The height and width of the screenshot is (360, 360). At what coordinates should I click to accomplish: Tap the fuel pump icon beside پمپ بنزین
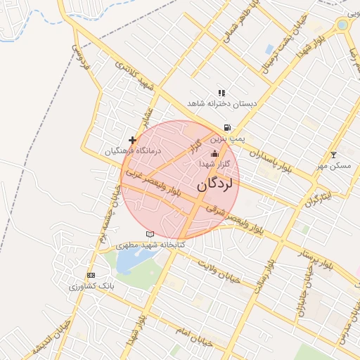(x=226, y=128)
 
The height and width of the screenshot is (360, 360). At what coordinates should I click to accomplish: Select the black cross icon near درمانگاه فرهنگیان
(x=133, y=141)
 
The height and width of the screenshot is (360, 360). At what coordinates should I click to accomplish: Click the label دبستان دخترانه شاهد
(x=222, y=103)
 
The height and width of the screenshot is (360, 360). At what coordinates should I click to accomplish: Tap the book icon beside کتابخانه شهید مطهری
(x=149, y=234)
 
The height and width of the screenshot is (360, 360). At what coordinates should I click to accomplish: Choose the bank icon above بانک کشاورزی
(x=91, y=275)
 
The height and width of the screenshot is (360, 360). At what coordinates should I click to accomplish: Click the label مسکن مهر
(x=333, y=165)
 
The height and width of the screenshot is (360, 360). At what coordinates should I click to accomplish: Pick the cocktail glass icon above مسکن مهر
(x=333, y=155)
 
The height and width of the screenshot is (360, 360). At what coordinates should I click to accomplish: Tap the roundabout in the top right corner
(x=342, y=25)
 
